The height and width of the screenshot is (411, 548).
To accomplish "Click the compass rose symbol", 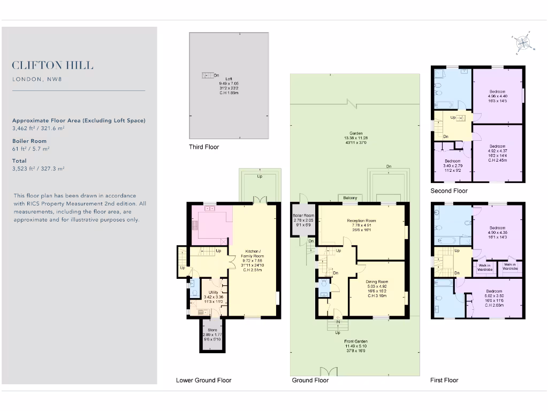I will pyautogui.click(x=522, y=43).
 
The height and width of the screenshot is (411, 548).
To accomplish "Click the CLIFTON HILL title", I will pyautogui.click(x=52, y=66).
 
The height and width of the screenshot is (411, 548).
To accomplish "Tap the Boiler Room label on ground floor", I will pyautogui.click(x=303, y=216).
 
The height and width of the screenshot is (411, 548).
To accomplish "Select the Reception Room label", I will pyautogui.click(x=361, y=220).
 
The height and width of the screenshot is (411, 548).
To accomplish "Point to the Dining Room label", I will pyautogui.click(x=377, y=281).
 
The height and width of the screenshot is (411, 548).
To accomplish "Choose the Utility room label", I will pyautogui.click(x=214, y=293).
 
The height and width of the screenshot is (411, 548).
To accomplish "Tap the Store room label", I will pyautogui.click(x=213, y=330).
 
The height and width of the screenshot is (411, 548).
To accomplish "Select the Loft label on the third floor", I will pyautogui.click(x=229, y=79).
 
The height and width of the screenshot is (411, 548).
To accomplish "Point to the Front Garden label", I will pyautogui.click(x=356, y=341).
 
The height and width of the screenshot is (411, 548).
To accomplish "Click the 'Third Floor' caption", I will pyautogui.click(x=204, y=147).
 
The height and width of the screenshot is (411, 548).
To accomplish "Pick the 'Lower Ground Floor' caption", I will pyautogui.click(x=203, y=380).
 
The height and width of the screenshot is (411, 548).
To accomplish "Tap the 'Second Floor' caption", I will pyautogui.click(x=448, y=191).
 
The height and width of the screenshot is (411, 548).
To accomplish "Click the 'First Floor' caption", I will pyautogui.click(x=444, y=380).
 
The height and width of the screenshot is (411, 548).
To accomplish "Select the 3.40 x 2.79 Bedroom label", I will pyautogui.click(x=452, y=161).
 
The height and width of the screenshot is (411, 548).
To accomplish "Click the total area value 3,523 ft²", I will pyautogui.click(x=39, y=168).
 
